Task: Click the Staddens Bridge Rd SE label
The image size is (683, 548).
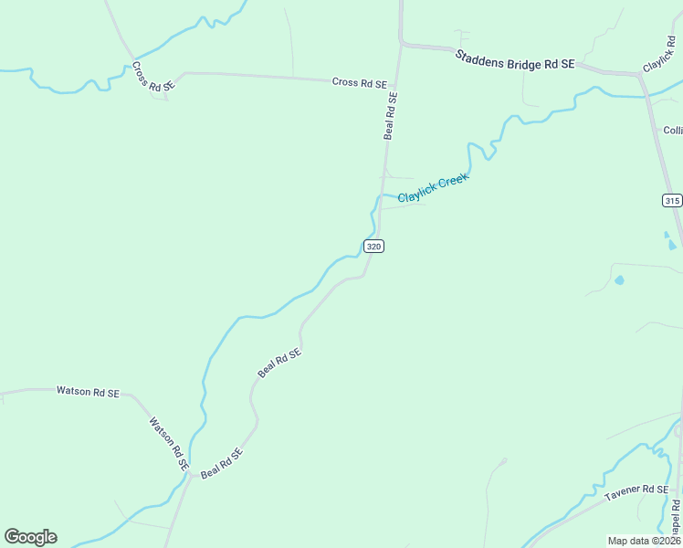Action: [515, 59]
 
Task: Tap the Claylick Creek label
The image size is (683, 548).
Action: [433, 188]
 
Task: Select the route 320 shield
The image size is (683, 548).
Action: [373, 246]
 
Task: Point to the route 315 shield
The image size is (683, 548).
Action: [672, 200]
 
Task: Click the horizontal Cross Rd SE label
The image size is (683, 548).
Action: [359, 82]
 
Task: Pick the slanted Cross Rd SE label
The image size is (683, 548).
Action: [152, 77]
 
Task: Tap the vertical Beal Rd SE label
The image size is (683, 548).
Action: [391, 115]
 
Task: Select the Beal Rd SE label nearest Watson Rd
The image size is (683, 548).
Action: [222, 463]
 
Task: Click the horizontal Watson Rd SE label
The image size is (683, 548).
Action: [88, 392]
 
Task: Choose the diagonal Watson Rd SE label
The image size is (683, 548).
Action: [169, 444]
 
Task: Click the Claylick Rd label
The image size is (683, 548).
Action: [658, 56]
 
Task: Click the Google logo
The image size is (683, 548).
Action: [30, 537]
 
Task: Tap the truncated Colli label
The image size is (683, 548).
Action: [673, 131]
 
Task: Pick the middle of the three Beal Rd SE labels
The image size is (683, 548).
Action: [279, 363]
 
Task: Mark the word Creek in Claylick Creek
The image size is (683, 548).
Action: [453, 181]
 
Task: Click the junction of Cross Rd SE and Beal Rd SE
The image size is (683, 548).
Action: [399, 84]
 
